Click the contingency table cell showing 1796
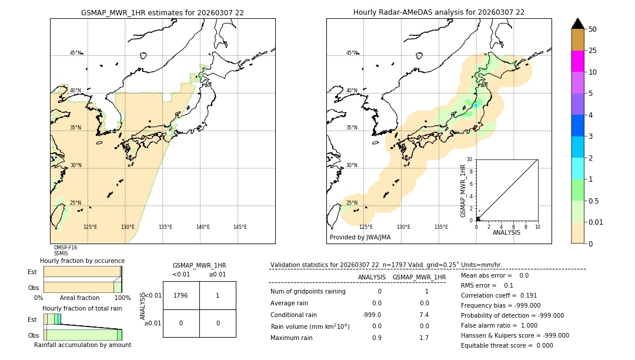click(x=181, y=296)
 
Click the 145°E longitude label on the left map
click(x=240, y=227)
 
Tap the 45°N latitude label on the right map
click(x=352, y=53)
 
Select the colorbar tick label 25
click(x=593, y=51)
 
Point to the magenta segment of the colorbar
click(x=577, y=61)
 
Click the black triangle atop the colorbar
click(x=577, y=24)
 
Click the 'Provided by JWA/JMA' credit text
click(x=360, y=238)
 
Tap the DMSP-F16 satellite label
click(x=65, y=248)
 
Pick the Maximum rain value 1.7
click(x=424, y=338)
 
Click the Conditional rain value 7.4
click(x=424, y=315)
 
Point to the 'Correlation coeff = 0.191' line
click(x=499, y=295)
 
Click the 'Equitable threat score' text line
click(x=507, y=345)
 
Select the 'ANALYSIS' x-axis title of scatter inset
click(x=506, y=232)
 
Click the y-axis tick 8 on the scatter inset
click(x=469, y=171)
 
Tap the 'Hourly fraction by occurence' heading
click(x=82, y=261)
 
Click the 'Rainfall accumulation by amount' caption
click(x=82, y=345)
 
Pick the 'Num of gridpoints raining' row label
click(x=308, y=292)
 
